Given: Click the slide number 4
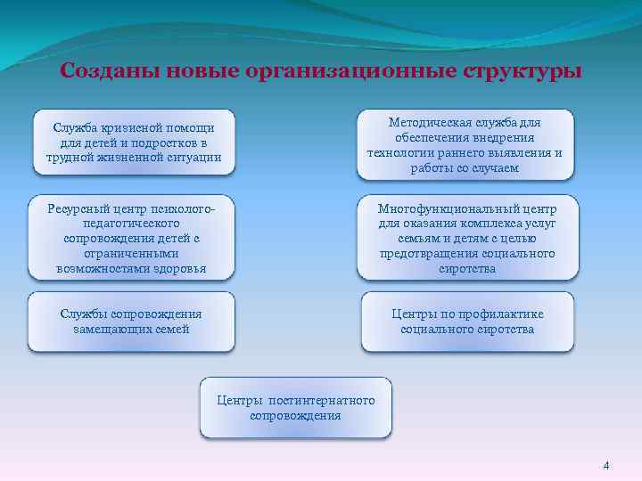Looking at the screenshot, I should click(606, 465).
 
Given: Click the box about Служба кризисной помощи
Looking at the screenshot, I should click(134, 143).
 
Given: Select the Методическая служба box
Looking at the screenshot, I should click(465, 143).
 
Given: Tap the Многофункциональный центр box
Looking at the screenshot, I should click(467, 238).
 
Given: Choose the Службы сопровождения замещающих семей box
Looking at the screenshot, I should click(131, 322).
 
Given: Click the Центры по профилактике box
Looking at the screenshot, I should click(467, 322).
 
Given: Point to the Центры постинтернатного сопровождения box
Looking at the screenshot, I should click(295, 408).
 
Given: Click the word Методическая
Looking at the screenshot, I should click(424, 122).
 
